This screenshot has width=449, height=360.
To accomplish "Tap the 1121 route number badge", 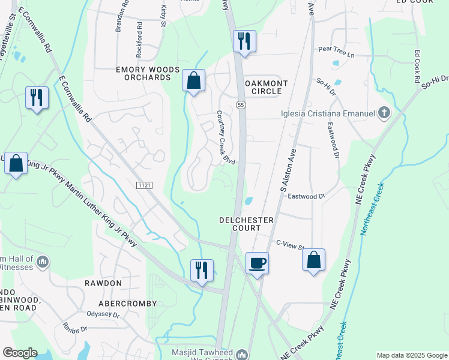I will pos(145,187).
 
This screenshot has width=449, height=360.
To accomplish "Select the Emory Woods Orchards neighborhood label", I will pos(148,74).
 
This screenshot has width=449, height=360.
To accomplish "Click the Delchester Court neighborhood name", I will pos(247,224).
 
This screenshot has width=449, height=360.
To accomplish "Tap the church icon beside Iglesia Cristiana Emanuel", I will pos(384,113).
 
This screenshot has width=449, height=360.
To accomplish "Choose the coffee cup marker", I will pos(258,263).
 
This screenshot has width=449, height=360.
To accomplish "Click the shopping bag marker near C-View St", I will pos(313,260).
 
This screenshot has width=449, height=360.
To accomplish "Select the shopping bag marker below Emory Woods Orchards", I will pos(194,81).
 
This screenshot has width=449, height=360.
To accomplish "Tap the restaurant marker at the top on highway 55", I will pos(244,41).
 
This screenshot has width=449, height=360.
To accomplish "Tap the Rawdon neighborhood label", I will pos(103,283).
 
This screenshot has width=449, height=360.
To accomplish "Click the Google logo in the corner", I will pos(20,353).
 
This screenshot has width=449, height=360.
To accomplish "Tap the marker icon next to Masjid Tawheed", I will pos(242,354).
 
